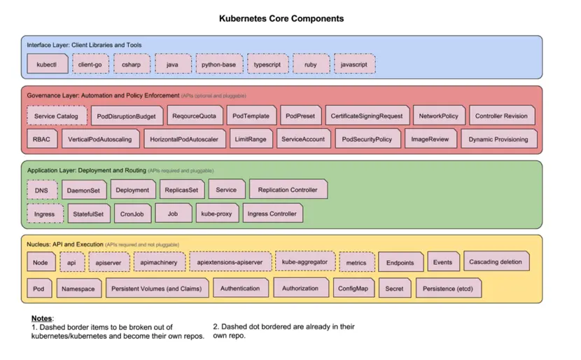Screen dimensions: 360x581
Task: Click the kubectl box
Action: (48, 64)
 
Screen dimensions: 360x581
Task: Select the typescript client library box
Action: (267, 64)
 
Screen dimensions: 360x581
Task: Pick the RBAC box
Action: (41, 139)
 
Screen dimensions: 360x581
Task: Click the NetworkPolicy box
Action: (439, 116)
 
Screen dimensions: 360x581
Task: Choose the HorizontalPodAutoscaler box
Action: (184, 139)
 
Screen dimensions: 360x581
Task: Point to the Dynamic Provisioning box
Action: (498, 139)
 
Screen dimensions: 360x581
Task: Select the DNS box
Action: (42, 190)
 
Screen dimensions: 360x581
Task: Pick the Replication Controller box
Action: (288, 190)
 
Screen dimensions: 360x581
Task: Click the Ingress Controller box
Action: (272, 213)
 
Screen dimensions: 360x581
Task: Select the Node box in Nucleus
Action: (41, 263)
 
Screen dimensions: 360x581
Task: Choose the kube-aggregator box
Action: (304, 262)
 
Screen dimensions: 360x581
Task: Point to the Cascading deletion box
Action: (496, 262)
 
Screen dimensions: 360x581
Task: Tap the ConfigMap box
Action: (353, 288)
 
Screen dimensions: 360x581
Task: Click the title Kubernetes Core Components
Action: (281, 19)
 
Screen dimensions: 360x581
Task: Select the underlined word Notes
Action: (42, 319)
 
